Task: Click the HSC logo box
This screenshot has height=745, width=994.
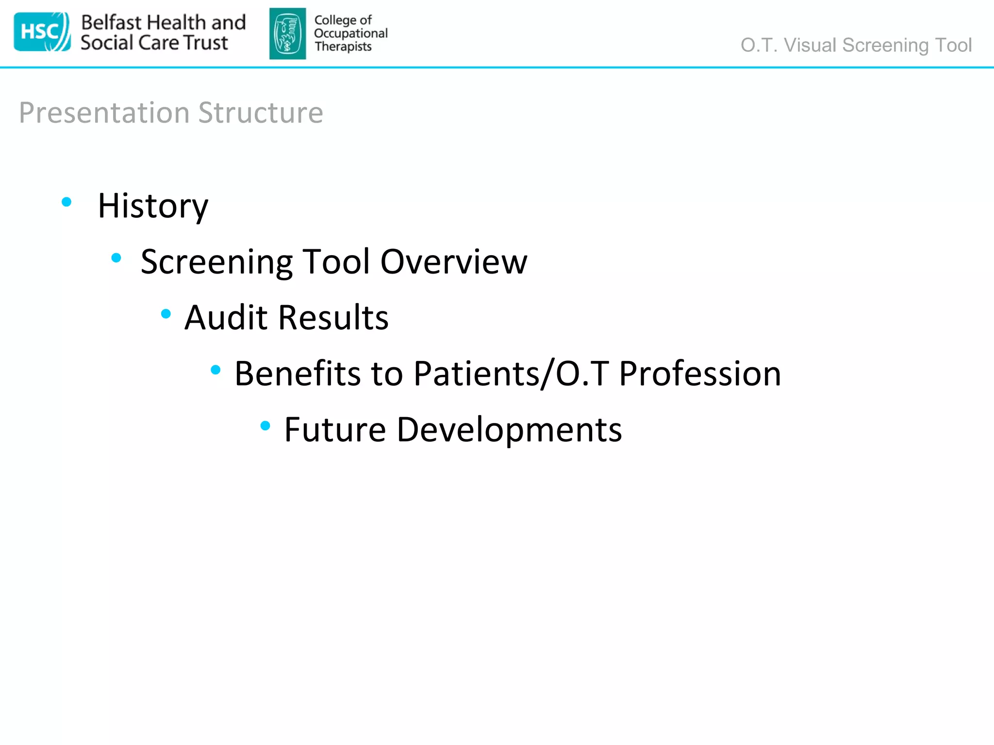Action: point(42,32)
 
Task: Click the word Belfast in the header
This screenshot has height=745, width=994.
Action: point(111,22)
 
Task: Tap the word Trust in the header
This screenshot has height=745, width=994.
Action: point(206,43)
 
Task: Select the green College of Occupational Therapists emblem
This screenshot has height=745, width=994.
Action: point(287,33)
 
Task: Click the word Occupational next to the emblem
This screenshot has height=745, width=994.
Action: point(350,33)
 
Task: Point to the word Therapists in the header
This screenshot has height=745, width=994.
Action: point(343,47)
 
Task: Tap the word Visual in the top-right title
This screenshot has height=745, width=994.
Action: point(810,45)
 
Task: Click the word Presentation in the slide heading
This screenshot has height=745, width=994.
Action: point(104,113)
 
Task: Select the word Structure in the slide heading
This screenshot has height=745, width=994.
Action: point(261,113)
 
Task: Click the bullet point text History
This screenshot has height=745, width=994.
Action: point(153,206)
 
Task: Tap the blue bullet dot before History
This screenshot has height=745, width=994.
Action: point(67,202)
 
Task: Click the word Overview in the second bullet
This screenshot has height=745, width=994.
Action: point(453,261)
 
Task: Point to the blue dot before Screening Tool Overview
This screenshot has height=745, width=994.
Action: point(116,258)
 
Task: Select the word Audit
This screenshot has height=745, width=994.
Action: point(226,317)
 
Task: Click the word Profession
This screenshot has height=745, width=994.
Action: point(700,373)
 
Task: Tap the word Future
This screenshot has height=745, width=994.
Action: point(335,430)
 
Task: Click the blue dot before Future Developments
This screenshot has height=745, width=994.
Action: point(265,426)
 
